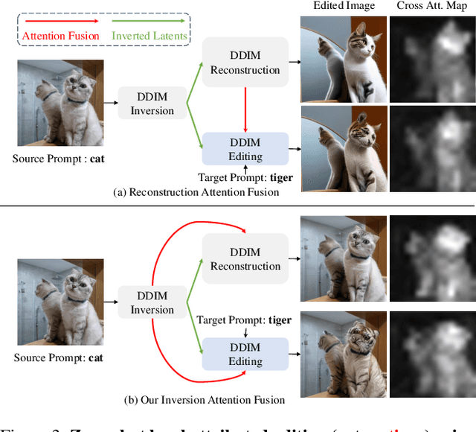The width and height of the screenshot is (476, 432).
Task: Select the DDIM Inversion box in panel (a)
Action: [x=152, y=104]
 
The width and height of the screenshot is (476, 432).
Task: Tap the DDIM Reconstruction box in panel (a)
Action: [x=245, y=62]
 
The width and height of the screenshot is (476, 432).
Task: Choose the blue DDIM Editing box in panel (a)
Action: [x=245, y=150]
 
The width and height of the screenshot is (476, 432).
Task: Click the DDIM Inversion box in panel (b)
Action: [x=152, y=302]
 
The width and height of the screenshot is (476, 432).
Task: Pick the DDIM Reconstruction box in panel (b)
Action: [x=245, y=258]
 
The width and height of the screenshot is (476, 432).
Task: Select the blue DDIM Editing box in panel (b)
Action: [x=245, y=354]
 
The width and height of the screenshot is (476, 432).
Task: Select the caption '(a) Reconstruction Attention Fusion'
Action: [x=196, y=192]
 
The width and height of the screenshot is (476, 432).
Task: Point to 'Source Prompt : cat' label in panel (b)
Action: [x=59, y=358]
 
